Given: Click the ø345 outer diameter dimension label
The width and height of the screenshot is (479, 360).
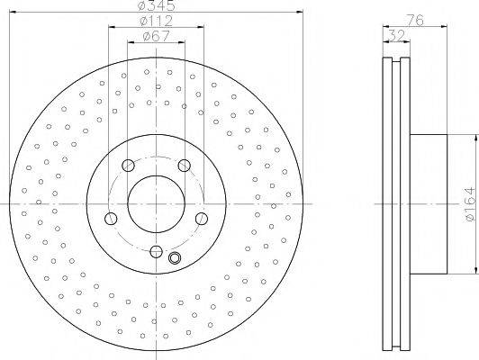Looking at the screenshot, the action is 156,5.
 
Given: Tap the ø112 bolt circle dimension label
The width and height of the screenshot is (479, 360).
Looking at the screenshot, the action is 156,21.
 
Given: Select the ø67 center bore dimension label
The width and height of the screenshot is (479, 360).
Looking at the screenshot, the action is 156,36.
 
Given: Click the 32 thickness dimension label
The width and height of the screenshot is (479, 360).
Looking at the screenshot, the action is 396,35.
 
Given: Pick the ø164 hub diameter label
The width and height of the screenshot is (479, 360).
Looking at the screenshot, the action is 470,204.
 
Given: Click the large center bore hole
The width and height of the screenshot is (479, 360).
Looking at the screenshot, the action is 156,204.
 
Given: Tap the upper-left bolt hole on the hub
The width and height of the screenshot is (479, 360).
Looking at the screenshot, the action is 128,166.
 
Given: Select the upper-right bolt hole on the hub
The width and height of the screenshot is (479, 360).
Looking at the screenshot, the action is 185,166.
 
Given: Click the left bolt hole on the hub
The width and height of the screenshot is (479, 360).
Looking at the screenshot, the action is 111,219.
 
